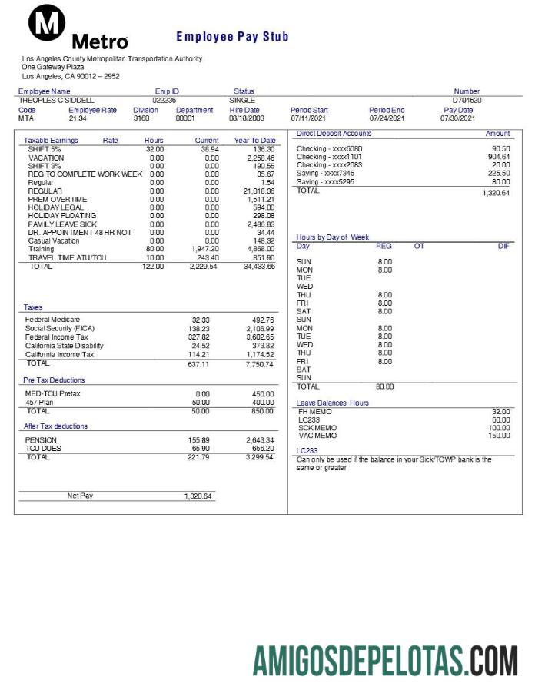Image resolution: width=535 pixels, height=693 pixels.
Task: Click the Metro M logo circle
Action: point(47,25)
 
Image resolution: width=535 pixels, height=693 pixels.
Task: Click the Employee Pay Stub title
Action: point(232,37)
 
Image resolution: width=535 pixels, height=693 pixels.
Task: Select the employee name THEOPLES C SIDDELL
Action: point(56,100)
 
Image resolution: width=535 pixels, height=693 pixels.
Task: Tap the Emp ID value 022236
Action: point(164,100)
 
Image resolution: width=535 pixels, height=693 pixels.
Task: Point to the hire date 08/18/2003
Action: point(246,118)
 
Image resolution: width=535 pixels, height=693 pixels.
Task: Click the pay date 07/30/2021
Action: point(457,118)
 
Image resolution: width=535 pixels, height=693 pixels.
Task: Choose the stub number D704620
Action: point(467,100)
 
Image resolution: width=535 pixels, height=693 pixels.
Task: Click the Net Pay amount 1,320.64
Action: point(198,496)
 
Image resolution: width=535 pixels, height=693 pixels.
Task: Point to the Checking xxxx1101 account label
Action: point(329,157)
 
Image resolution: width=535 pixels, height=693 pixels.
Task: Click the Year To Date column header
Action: point(254,141)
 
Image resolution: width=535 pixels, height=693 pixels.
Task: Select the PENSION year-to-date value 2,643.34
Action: point(259,440)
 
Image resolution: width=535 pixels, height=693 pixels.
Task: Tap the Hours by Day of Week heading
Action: point(332,237)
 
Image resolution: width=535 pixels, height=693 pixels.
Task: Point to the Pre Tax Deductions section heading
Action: point(54,380)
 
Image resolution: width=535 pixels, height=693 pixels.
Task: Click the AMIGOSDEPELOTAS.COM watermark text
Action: point(385,661)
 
